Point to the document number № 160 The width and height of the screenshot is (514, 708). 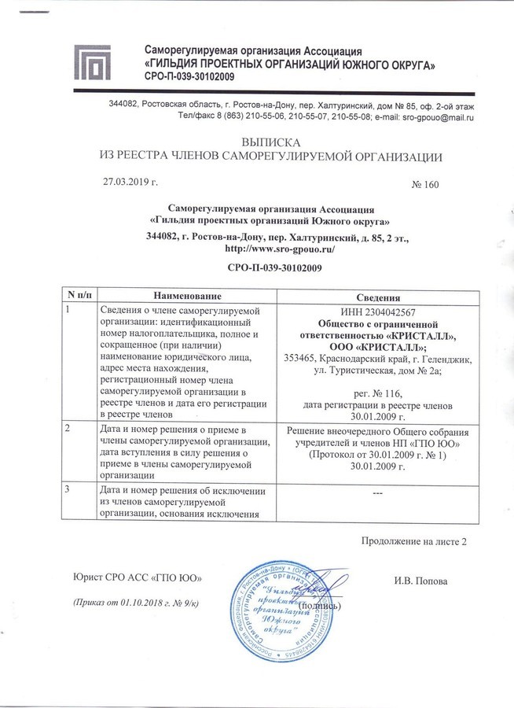[424, 185]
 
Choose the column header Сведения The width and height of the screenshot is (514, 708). [379, 297]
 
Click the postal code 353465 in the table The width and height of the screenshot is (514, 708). [302, 359]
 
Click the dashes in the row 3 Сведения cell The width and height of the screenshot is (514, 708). [378, 492]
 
